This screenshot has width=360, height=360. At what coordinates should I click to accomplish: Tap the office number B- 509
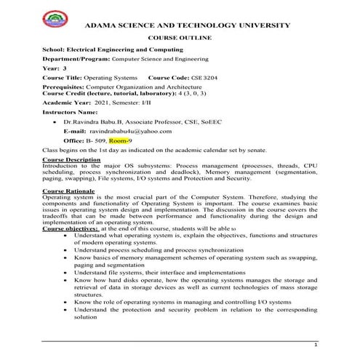point(97,140)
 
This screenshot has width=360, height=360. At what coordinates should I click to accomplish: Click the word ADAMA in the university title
point(101,24)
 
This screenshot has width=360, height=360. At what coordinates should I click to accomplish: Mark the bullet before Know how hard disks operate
point(67,279)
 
